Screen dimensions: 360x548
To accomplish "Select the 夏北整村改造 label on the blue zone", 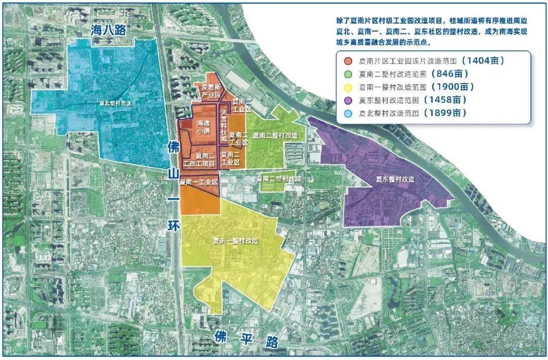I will [x=114, y=103].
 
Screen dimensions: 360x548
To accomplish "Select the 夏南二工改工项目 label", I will [x=202, y=159].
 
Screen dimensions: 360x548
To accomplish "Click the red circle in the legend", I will [x=348, y=61].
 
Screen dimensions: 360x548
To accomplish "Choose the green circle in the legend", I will [x=348, y=74].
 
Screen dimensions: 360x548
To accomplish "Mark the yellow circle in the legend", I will [x=348, y=87].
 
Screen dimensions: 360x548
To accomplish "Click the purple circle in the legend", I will [x=348, y=100].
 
